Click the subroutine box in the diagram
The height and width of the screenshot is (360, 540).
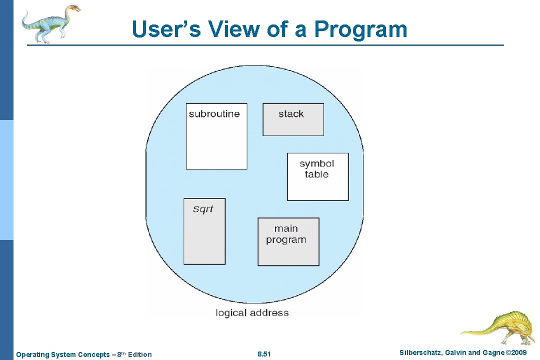(216, 136)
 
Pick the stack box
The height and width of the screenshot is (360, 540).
(293, 119)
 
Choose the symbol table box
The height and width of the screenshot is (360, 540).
(317, 177)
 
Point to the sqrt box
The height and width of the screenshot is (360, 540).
(204, 231)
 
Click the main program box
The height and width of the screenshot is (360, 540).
(288, 242)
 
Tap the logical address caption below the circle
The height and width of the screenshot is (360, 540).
(252, 313)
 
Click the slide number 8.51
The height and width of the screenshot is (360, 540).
(264, 354)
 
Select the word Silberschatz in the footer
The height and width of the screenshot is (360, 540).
(420, 353)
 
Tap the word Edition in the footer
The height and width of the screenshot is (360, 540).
(139, 354)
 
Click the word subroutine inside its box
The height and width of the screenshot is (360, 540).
(214, 114)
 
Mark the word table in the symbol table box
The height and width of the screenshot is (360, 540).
(316, 174)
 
